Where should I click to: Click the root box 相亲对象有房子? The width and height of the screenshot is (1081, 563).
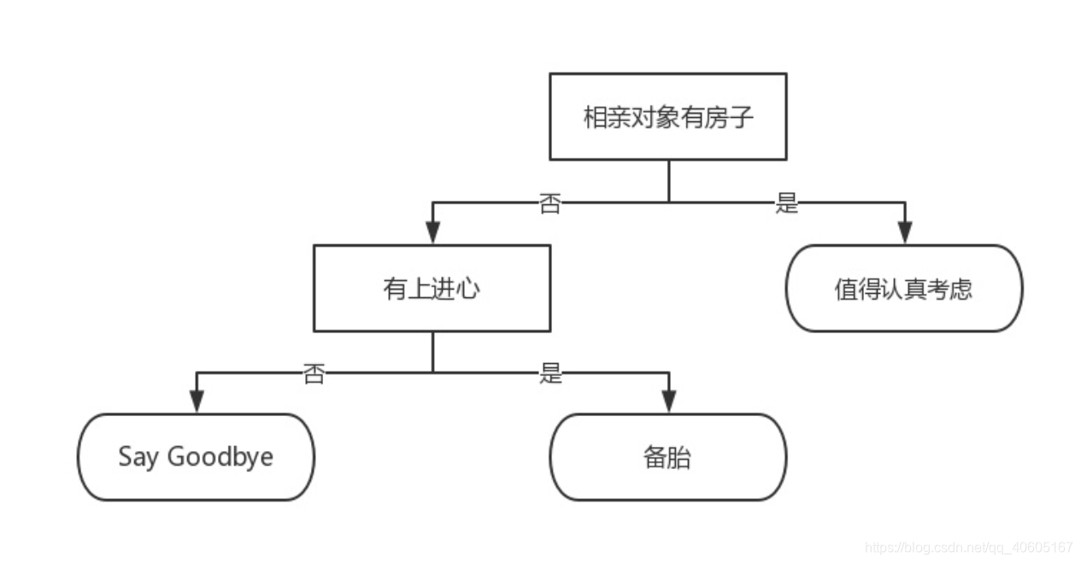[x=667, y=116]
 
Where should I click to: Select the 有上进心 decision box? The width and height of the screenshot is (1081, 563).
[x=432, y=288]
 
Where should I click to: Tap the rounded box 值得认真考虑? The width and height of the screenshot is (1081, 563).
[x=903, y=288]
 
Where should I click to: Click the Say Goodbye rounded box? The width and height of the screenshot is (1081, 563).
[x=196, y=456]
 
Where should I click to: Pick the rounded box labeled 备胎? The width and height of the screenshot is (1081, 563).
[x=667, y=457]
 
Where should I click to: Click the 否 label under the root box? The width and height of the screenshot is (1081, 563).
[x=550, y=204]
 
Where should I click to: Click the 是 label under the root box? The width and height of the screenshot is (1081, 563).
[x=786, y=204]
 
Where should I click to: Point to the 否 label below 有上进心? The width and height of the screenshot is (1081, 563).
[x=314, y=373]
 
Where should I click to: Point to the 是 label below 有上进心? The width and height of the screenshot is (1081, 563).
[x=550, y=373]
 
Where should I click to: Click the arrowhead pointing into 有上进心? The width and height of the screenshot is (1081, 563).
[x=432, y=233]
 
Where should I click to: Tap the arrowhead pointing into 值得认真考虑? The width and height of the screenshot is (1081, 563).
[x=904, y=233]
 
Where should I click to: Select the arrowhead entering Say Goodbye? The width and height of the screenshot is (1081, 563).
[x=197, y=402]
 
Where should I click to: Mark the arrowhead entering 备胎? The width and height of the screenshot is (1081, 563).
[x=668, y=402]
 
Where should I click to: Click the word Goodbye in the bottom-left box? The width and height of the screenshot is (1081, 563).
[x=220, y=457]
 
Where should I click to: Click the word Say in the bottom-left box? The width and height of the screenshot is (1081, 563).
[x=138, y=457]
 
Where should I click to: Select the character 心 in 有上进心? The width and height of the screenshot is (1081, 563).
[x=468, y=289]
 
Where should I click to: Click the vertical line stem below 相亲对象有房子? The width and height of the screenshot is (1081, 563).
[x=668, y=180]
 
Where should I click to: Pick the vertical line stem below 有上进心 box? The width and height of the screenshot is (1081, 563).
[x=432, y=351]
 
